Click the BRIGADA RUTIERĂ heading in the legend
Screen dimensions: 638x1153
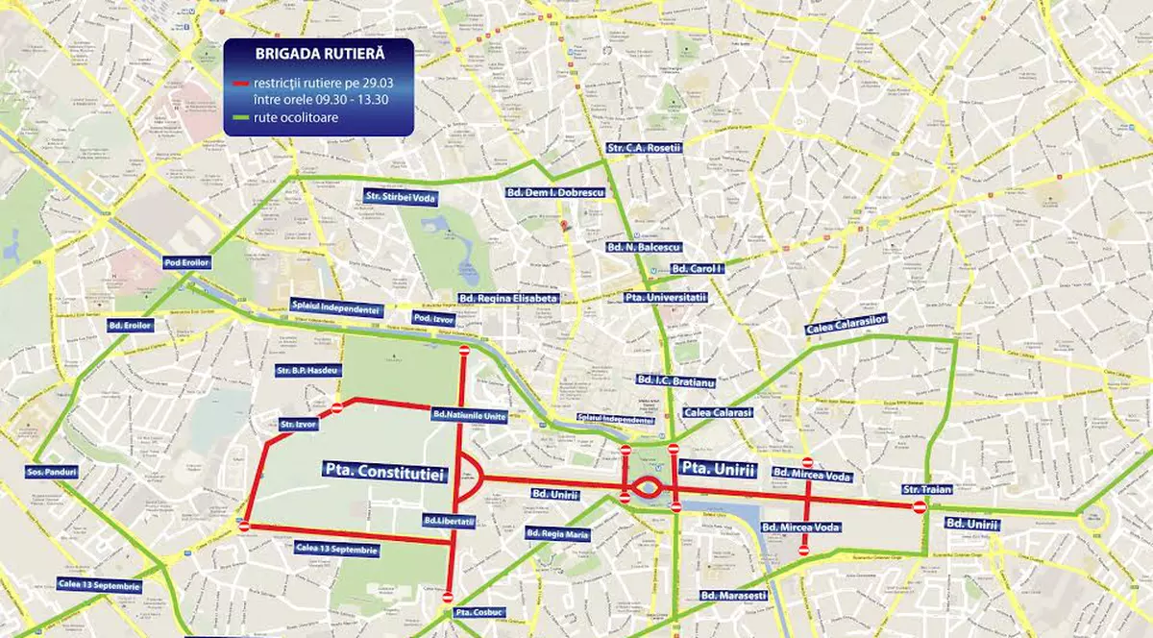pos(318,56)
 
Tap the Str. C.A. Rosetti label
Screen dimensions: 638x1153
pos(644,148)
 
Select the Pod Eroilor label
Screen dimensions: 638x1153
pos(186,262)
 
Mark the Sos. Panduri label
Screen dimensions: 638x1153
pos(52,473)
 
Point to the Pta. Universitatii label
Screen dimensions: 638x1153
pos(665,299)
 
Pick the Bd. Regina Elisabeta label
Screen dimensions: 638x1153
pos(508,299)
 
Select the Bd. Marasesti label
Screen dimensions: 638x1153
pos(734,596)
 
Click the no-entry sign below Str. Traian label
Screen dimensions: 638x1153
pos(920,506)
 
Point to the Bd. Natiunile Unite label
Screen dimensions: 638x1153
pos(468,415)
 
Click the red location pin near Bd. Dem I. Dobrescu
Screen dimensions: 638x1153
pos(564,225)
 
